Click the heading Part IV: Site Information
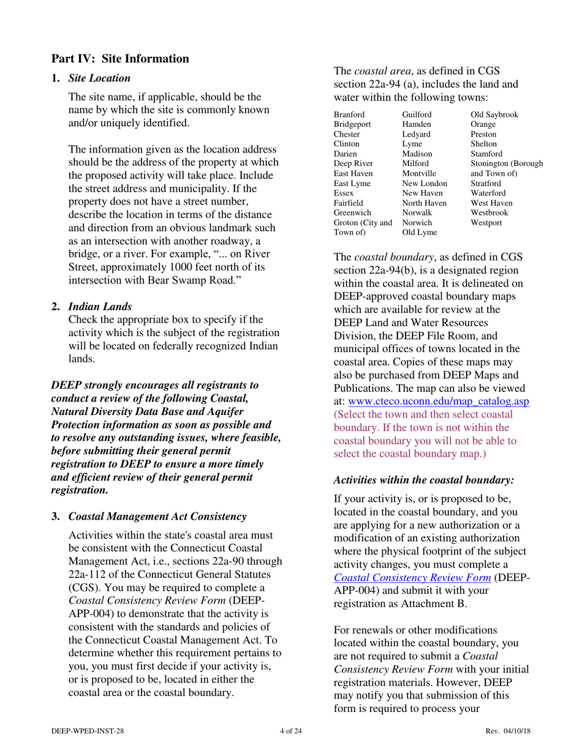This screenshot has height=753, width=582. (x=119, y=59)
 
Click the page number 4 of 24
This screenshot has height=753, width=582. (x=290, y=731)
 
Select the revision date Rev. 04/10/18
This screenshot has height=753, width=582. (x=508, y=731)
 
